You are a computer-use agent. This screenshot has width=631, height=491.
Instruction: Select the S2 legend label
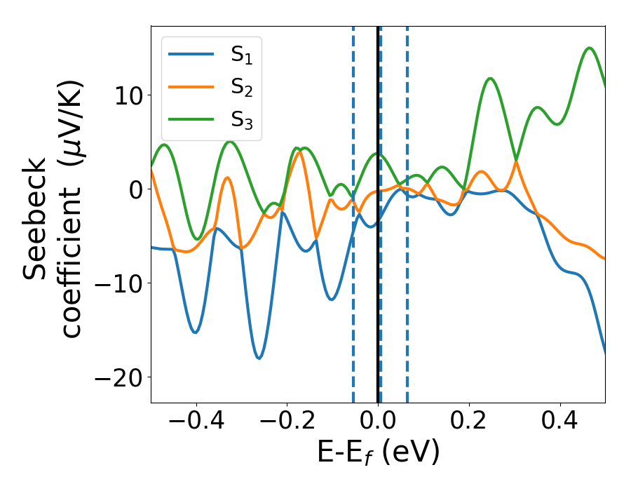[241, 88]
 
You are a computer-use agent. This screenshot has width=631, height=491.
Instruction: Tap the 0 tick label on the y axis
[135, 189]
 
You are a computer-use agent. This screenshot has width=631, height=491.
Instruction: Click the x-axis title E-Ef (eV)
[379, 453]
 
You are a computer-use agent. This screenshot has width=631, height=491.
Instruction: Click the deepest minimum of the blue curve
[259, 358]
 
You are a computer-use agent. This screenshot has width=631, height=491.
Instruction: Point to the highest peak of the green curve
[590, 48]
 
